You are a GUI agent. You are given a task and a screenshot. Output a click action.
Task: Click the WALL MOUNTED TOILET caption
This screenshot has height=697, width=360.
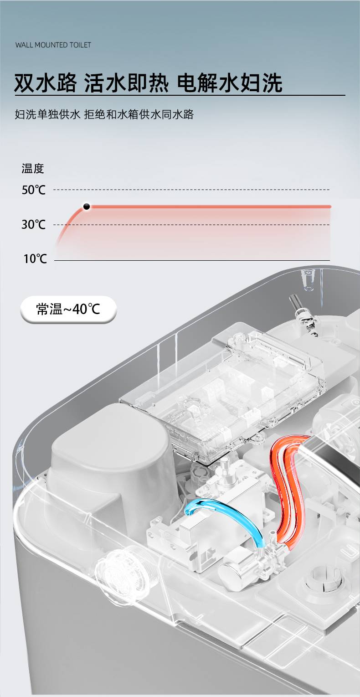point(53,45)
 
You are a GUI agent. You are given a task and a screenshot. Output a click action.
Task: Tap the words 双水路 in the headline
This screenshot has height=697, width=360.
point(46,83)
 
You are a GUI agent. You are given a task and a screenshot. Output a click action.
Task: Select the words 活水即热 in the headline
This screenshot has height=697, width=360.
point(127,83)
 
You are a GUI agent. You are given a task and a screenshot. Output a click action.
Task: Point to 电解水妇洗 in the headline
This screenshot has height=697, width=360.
point(230,83)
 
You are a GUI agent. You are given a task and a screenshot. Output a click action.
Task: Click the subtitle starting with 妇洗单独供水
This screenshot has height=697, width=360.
point(104,114)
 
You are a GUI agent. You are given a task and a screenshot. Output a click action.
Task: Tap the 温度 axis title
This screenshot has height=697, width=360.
point(33,168)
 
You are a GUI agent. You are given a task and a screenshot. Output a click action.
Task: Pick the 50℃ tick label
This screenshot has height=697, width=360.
point(34,190)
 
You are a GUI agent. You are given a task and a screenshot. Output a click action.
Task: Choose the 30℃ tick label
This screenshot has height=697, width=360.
point(34,224)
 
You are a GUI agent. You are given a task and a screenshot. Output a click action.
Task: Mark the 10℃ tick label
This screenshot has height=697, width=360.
point(35,258)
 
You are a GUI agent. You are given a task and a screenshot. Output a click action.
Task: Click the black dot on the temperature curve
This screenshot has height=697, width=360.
point(87,207)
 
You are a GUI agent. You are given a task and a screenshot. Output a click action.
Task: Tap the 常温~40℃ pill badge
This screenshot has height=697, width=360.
point(68,309)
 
